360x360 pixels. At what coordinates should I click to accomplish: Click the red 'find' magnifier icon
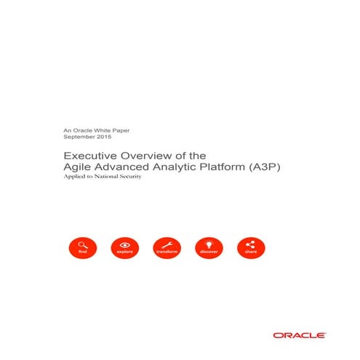[82, 247]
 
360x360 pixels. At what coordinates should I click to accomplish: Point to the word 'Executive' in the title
[87, 156]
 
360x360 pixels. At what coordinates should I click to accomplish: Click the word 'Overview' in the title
[146, 156]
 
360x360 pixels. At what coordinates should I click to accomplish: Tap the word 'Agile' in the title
[76, 167]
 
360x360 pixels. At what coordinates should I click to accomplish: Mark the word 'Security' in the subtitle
[127, 178]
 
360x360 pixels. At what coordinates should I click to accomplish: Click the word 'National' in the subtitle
[101, 178]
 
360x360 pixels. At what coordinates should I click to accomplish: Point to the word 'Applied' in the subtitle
[73, 178]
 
